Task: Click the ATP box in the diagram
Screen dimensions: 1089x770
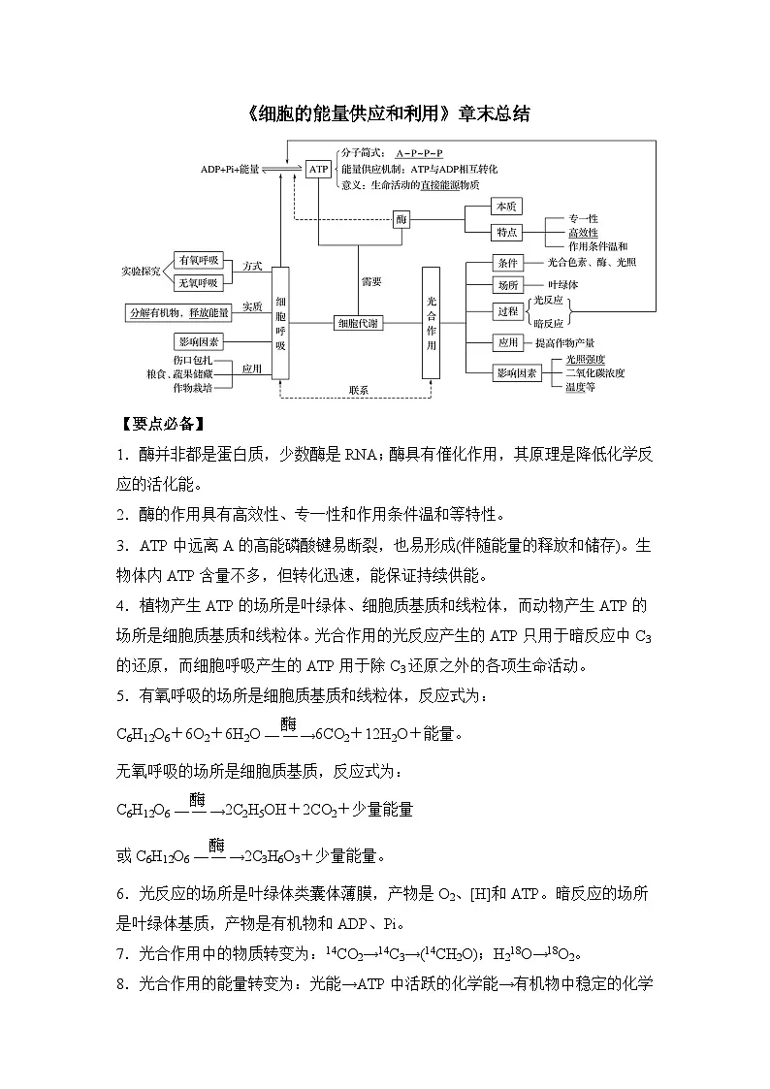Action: tap(319, 169)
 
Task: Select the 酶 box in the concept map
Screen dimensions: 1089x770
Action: tap(401, 220)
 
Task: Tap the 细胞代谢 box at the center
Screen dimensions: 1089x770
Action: tap(359, 323)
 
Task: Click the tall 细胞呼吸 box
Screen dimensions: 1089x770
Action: tap(280, 322)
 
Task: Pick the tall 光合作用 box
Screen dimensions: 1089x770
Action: tap(432, 322)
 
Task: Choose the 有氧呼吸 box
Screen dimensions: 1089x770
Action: tap(199, 261)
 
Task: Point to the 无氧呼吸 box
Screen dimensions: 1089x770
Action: tap(199, 282)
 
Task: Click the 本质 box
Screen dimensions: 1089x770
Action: tap(506, 207)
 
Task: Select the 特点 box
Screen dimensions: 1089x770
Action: tap(506, 233)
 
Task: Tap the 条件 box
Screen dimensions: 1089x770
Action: tap(508, 263)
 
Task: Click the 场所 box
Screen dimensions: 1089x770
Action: tap(508, 285)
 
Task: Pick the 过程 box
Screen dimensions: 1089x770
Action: tap(508, 311)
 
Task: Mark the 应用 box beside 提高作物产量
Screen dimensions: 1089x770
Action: tap(508, 342)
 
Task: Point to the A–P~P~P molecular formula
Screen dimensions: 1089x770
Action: tap(419, 153)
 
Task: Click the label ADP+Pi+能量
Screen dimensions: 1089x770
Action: tap(230, 169)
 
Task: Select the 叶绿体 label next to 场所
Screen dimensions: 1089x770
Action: tap(563, 285)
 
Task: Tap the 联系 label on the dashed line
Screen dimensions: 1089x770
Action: tap(359, 390)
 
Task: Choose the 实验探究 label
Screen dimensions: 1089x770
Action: tap(142, 271)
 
